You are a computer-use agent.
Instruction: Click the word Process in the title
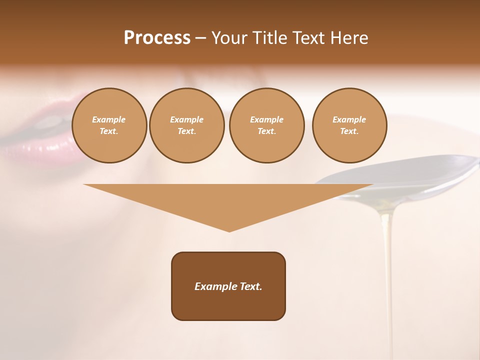click(x=157, y=38)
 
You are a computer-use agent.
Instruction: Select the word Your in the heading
click(x=229, y=38)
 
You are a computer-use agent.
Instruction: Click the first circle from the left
click(x=109, y=125)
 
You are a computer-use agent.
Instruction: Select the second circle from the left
click(x=186, y=125)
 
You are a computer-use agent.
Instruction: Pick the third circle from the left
click(x=266, y=125)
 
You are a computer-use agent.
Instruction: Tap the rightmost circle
click(x=349, y=125)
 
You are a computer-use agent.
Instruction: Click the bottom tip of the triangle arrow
click(x=229, y=230)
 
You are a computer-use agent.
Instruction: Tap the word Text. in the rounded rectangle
click(x=250, y=286)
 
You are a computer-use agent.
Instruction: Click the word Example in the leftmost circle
click(x=109, y=119)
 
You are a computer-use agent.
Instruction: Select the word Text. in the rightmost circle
click(x=349, y=131)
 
